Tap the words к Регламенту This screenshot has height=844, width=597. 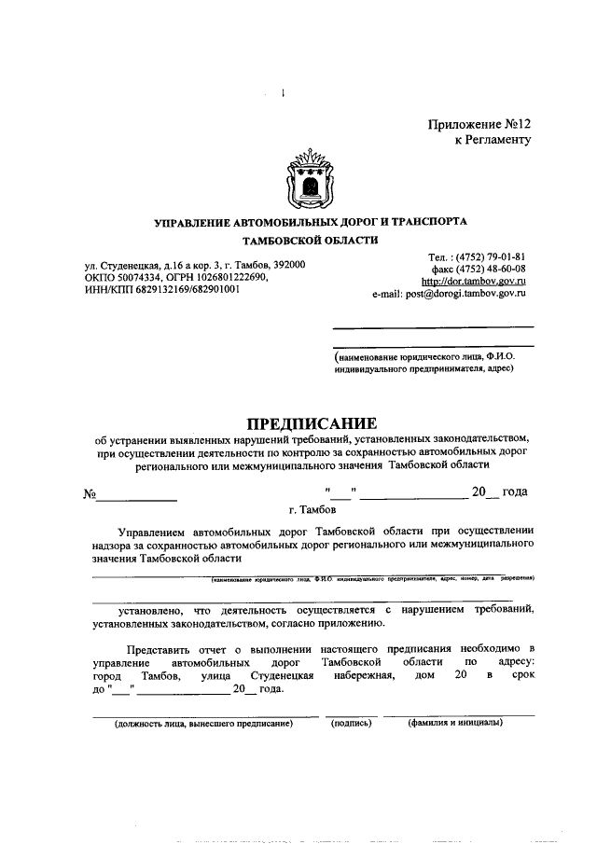[492, 140]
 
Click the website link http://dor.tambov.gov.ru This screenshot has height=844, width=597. [474, 280]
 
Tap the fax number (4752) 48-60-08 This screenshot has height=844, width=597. [491, 268]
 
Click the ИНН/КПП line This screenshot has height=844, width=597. [161, 289]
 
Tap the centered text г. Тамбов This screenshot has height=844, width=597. [312, 510]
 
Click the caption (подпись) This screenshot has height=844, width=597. [352, 723]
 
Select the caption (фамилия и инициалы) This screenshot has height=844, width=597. [455, 723]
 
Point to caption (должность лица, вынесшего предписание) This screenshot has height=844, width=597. [203, 723]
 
